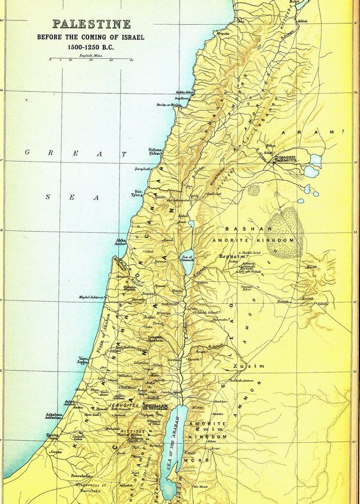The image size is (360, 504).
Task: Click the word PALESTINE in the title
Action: tap(91, 25)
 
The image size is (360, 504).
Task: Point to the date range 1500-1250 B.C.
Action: tap(91, 46)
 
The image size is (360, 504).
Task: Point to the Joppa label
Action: tap(82, 361)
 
